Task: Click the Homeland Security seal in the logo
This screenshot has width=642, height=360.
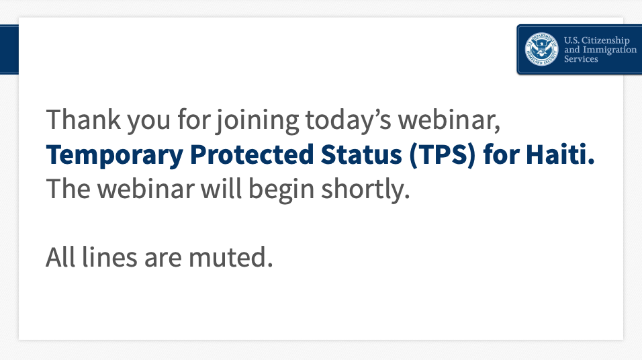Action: point(541,49)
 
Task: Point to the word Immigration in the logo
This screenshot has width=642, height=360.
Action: point(610,50)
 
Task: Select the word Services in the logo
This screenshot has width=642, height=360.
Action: point(581,59)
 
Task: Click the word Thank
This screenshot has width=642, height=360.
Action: point(83,120)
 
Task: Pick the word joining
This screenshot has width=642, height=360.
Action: point(258,121)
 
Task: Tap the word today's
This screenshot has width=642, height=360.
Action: point(349,121)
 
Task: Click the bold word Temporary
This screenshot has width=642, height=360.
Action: point(115,156)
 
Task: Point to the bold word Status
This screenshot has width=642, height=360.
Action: point(361,154)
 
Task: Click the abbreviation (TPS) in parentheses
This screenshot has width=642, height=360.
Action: point(443,155)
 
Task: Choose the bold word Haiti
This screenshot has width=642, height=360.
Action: point(560,154)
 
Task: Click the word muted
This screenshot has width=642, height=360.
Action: point(230,258)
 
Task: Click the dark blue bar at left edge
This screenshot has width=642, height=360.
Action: point(9,50)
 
